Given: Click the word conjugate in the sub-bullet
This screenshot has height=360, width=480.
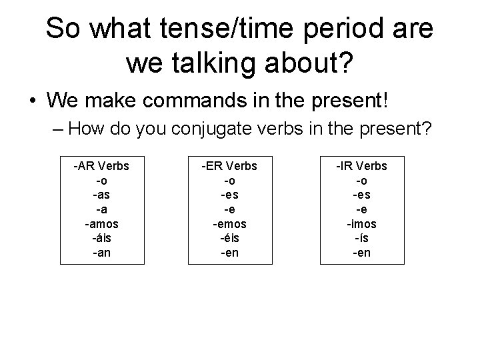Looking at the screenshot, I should coord(210,128).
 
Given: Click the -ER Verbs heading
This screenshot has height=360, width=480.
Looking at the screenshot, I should coord(230,165).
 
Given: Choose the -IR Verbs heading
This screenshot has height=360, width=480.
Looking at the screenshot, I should coord(360,165).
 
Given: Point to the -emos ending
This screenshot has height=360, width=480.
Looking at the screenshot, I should coord(230,223).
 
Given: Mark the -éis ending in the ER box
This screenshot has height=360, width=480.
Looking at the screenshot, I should coord(230,238).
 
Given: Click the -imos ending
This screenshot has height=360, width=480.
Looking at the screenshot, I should coord(360,223).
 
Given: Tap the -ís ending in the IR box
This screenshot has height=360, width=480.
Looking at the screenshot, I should coord(360,238).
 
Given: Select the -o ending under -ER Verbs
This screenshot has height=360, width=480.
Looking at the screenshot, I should coord(230,180).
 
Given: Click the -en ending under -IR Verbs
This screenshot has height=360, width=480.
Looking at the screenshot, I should coord(360,253).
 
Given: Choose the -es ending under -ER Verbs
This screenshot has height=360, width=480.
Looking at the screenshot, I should coord(230,195).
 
